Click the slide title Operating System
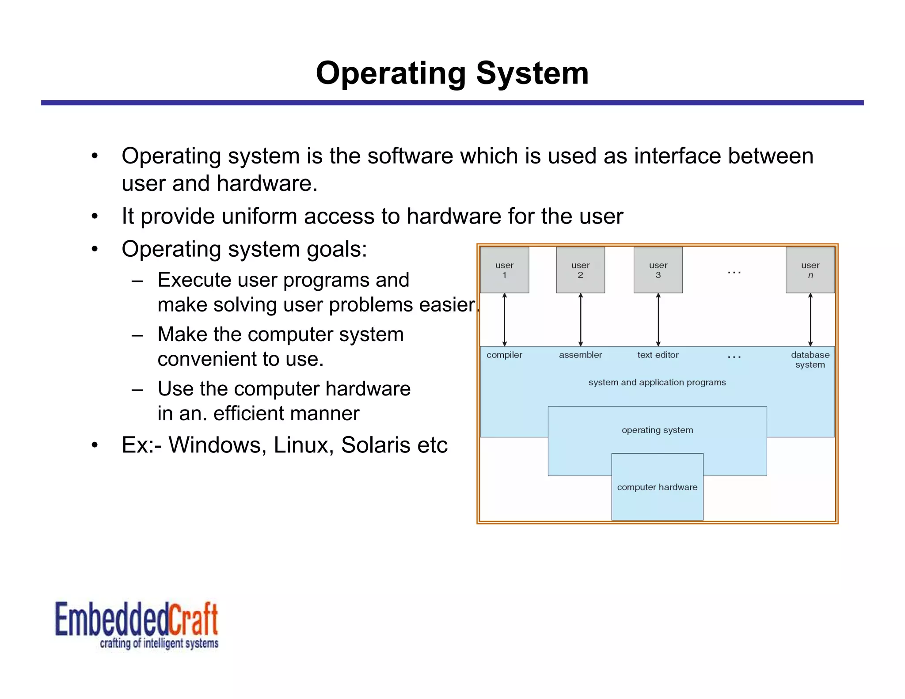pos(452,73)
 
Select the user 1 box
pos(504,270)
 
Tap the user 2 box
pos(580,270)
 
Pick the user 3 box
pos(658,270)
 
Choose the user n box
pos(810,270)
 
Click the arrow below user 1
pos(504,319)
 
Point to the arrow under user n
pos(810,319)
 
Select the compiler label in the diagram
pos(504,355)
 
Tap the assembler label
pos(580,355)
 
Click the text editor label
pos(658,355)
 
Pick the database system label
pos(810,360)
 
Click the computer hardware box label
pos(657,487)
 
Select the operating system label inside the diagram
pos(657,430)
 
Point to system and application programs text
pos(657,382)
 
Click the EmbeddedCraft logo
pos(137,624)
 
